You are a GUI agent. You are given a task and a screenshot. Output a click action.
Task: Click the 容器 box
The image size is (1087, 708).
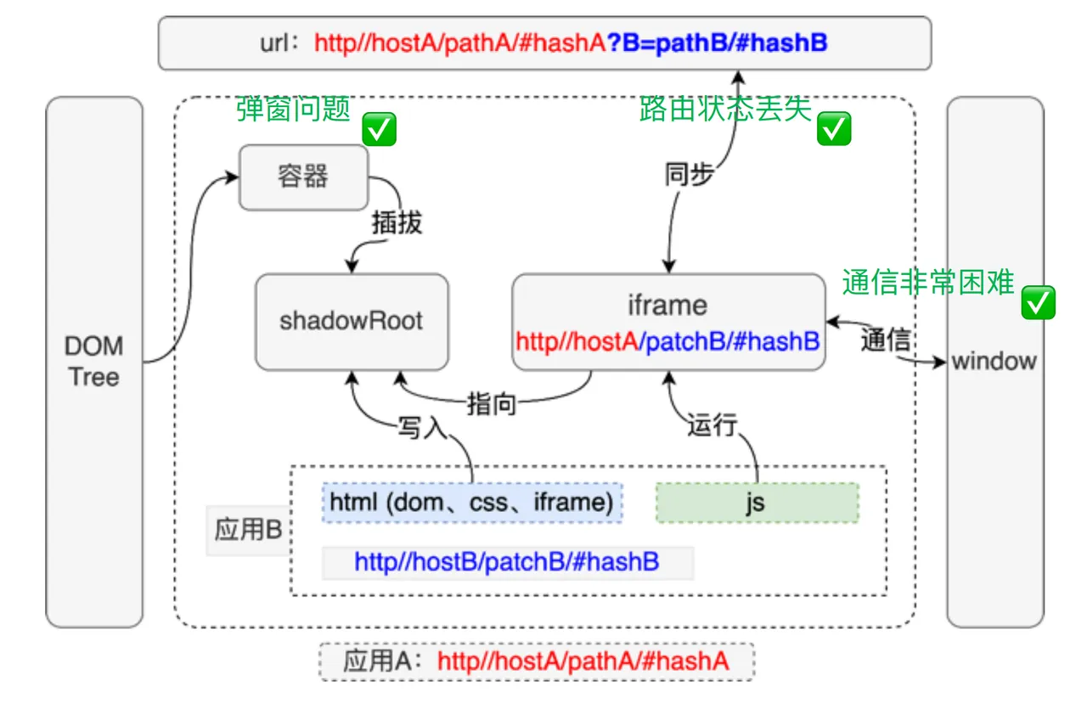tap(303, 177)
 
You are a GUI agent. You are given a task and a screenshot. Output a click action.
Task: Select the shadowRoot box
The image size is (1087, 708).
tap(352, 322)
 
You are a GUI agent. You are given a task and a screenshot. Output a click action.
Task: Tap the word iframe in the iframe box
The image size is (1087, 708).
tap(667, 306)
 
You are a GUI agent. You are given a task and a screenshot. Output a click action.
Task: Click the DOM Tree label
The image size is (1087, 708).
tap(94, 362)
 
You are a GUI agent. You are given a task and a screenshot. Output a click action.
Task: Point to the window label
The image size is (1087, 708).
tap(994, 362)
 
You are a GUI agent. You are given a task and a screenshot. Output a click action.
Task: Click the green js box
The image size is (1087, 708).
tap(757, 503)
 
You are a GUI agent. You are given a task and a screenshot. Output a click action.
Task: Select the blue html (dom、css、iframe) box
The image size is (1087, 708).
tap(472, 503)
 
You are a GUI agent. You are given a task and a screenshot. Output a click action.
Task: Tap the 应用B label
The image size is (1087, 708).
tap(249, 529)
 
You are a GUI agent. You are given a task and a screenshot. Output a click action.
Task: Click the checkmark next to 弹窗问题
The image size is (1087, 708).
tap(379, 129)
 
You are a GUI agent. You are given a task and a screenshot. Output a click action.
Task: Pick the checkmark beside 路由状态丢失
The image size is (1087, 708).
tap(834, 128)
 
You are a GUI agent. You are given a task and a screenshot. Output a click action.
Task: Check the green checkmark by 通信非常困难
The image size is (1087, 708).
tap(1038, 302)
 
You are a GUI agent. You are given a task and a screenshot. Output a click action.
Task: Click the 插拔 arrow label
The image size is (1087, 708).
tap(397, 223)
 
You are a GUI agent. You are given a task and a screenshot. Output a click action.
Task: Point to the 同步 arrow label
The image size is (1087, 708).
tap(689, 174)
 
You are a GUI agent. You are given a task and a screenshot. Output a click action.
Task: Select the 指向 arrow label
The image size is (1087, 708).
tap(492, 404)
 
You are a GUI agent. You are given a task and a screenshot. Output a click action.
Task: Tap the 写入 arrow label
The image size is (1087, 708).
tap(422, 428)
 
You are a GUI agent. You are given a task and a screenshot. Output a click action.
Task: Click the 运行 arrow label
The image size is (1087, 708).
tap(712, 424)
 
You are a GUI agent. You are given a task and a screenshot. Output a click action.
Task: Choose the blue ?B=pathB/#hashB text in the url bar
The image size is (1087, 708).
tap(718, 42)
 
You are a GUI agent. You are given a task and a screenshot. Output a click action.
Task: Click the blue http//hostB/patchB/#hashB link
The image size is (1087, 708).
tap(507, 562)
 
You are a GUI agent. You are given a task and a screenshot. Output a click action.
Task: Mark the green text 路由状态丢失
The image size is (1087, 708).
tap(725, 109)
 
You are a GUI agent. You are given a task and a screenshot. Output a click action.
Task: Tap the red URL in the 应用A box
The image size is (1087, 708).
tap(583, 661)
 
